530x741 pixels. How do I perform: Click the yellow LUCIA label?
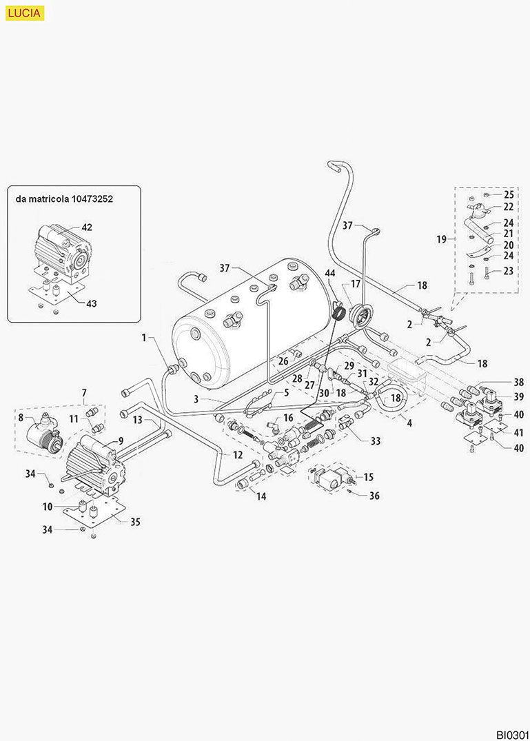[x=24, y=12]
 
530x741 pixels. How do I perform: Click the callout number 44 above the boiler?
[x=331, y=274]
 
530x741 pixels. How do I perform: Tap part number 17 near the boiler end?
[x=356, y=283]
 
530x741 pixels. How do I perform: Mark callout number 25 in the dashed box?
[x=509, y=194]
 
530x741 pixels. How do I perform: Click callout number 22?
[x=509, y=207]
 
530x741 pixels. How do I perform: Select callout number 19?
[x=442, y=239]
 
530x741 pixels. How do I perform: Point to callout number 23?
[x=509, y=271]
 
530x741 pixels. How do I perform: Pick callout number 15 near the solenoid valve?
[x=368, y=476]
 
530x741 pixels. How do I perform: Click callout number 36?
[x=375, y=495]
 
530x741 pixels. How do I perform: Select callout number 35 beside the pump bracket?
[x=135, y=522]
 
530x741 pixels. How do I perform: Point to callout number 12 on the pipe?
[x=237, y=455]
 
